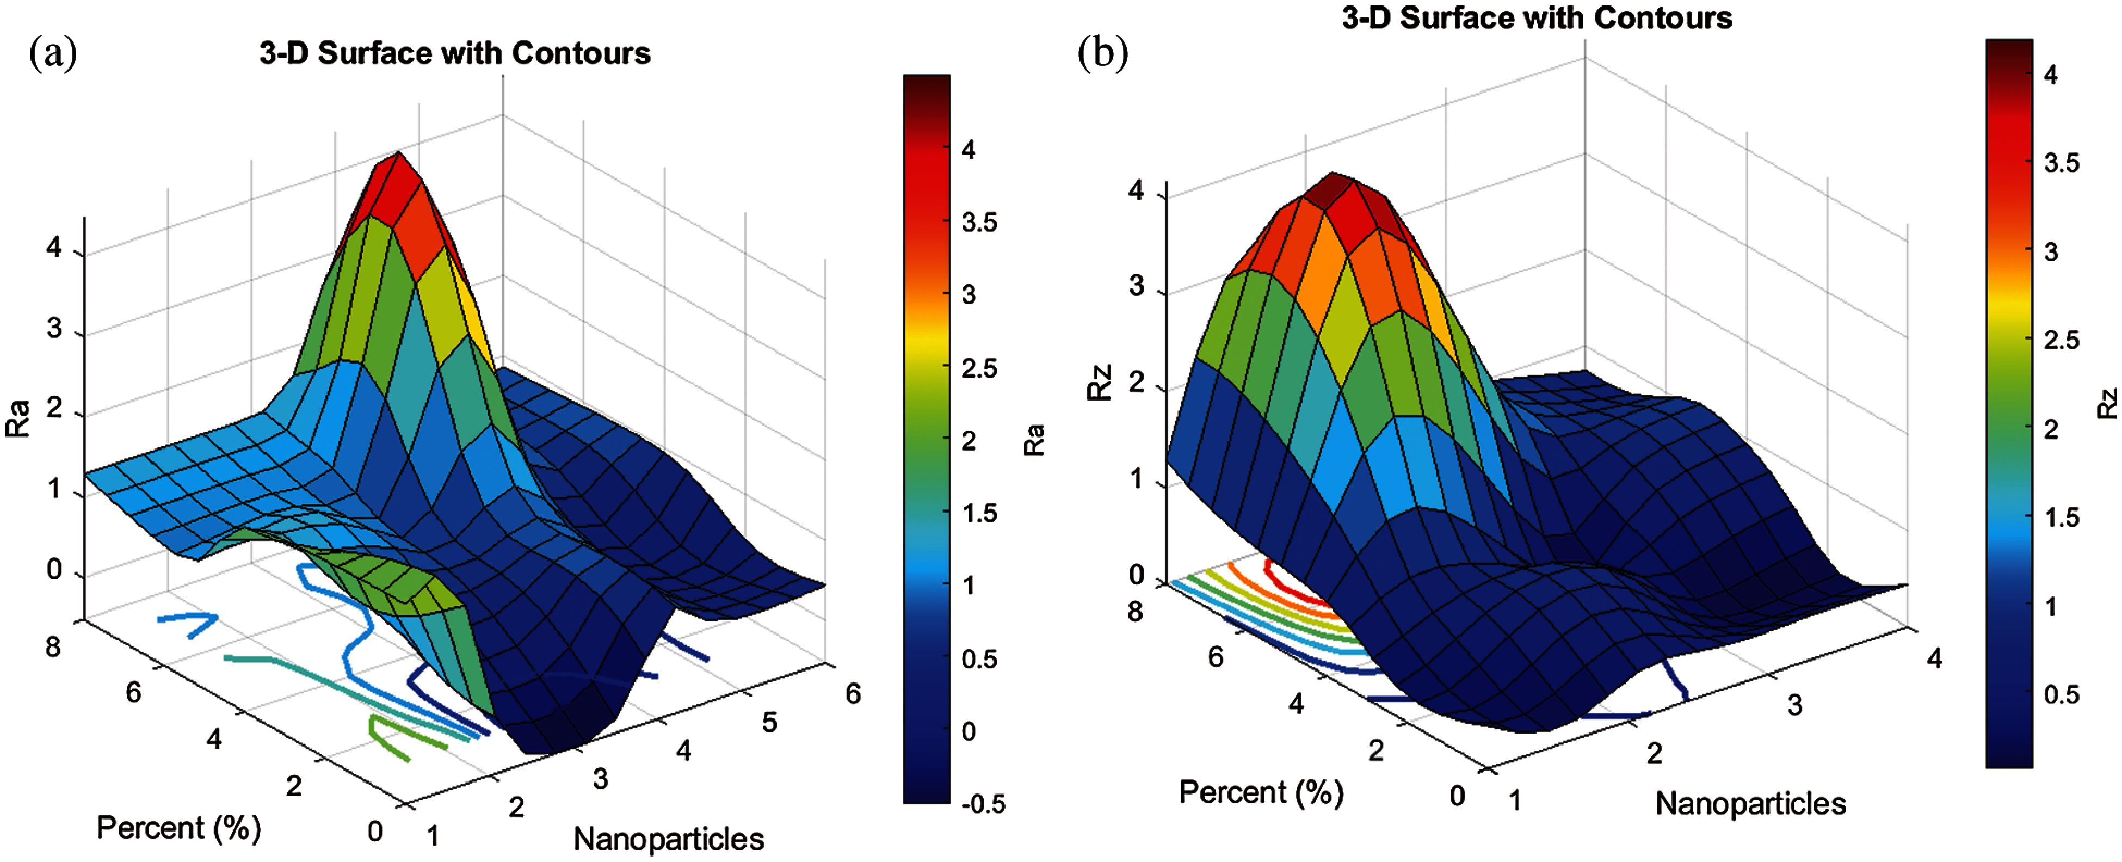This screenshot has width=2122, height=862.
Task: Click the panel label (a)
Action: pos(53,54)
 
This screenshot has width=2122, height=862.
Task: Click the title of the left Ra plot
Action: pos(455,53)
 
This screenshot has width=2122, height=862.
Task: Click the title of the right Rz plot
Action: pos(1537,18)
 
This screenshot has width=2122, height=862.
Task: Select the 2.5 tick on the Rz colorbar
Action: pos(2062,340)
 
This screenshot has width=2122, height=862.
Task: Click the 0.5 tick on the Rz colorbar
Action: pos(2062,694)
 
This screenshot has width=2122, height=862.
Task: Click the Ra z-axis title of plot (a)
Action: pos(18,418)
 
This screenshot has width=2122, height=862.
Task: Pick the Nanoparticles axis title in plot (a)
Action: pos(668,839)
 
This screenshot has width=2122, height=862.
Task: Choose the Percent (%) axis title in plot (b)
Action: pos(1260,792)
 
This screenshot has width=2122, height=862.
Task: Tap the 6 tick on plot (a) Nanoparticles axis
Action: pos(853,694)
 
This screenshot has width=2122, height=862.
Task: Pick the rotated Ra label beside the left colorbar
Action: pos(1034,439)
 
